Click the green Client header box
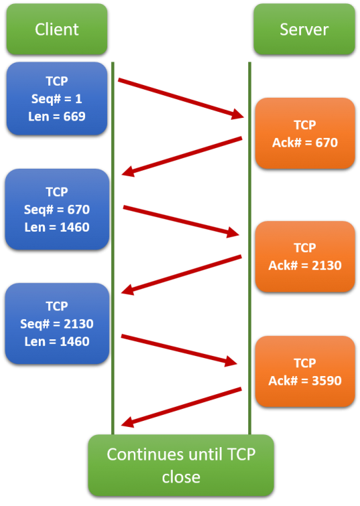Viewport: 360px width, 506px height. click(57, 29)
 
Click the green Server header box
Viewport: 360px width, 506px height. click(304, 29)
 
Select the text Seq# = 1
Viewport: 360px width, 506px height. click(57, 99)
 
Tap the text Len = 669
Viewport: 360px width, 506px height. click(57, 116)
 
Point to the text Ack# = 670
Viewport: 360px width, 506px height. click(305, 143)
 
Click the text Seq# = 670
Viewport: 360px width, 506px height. click(57, 209)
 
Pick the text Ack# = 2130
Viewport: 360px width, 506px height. click(305, 266)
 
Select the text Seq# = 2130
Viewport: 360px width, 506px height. click(57, 324)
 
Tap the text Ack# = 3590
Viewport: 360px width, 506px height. click(305, 381)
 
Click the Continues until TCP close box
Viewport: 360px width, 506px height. click(181, 465)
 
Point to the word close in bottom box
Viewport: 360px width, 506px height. click(181, 477)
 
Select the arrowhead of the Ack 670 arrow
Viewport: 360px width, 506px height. click(128, 172)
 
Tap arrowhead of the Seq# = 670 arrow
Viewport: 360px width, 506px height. click(234, 232)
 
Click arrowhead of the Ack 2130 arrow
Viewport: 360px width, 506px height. click(127, 290)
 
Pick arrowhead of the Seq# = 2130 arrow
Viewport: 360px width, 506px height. click(232, 361)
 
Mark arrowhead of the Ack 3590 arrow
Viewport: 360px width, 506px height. click(127, 422)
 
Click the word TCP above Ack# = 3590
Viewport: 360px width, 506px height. click(305, 363)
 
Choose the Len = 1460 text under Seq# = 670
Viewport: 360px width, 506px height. click(57, 228)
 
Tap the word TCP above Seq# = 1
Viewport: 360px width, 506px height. click(57, 82)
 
